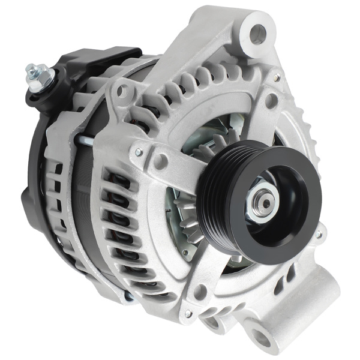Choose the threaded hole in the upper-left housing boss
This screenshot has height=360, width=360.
click(124, 91)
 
